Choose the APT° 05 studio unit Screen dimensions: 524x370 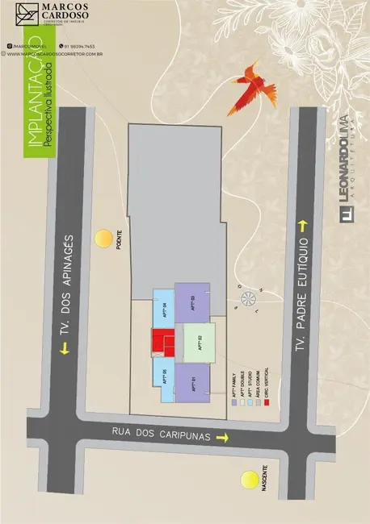163,376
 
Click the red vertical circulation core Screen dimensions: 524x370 162,342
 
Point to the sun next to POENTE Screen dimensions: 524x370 103,239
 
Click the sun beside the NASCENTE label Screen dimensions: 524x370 248,481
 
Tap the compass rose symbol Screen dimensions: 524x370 248,301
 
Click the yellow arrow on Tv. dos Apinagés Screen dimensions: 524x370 64,349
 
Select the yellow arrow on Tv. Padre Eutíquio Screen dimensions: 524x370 304,224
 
